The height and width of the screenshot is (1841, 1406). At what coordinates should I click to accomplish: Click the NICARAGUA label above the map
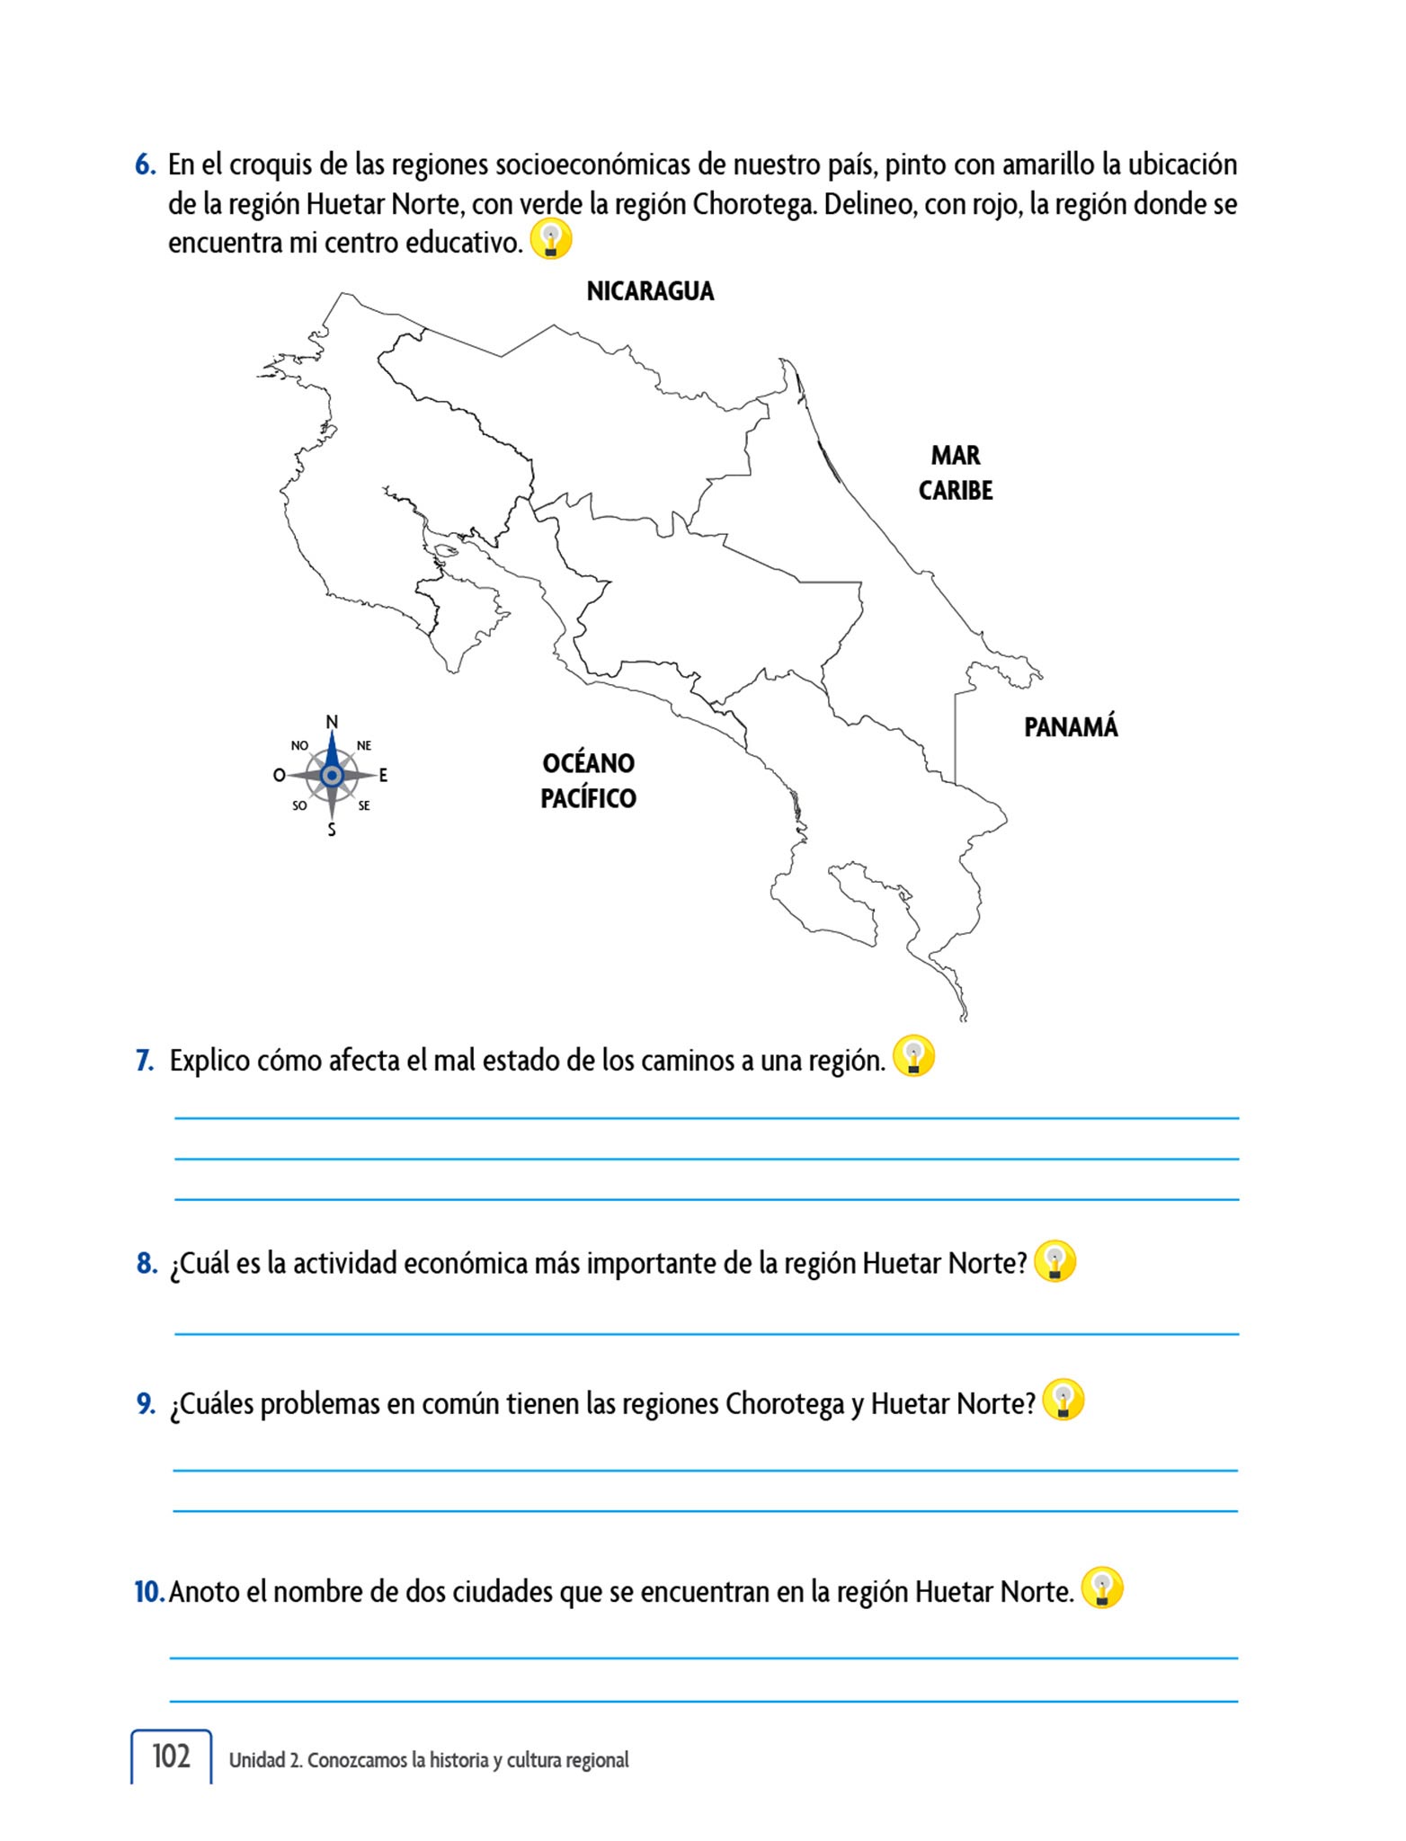(650, 291)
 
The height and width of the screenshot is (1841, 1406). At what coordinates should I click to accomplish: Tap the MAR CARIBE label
(956, 473)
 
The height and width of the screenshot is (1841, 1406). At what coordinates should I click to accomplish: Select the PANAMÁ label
(1071, 727)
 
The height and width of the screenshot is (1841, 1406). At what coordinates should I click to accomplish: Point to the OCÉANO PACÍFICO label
(588, 780)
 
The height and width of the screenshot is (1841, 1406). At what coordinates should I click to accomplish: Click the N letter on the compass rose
(332, 722)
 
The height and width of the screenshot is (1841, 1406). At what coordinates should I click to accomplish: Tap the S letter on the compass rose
(332, 830)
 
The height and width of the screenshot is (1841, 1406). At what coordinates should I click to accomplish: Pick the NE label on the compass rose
(364, 745)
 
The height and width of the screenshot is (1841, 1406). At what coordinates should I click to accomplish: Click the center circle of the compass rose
(332, 775)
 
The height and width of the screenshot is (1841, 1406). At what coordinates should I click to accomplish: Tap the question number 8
(147, 1264)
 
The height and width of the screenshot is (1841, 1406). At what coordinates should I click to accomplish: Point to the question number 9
(147, 1403)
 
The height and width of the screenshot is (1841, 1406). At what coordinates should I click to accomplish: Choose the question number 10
(148, 1592)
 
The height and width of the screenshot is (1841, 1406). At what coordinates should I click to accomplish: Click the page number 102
(171, 1757)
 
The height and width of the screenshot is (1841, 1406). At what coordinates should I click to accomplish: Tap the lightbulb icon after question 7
(913, 1056)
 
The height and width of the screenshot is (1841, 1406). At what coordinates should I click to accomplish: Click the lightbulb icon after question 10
(1102, 1588)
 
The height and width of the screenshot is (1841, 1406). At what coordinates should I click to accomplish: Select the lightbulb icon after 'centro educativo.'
(551, 239)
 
